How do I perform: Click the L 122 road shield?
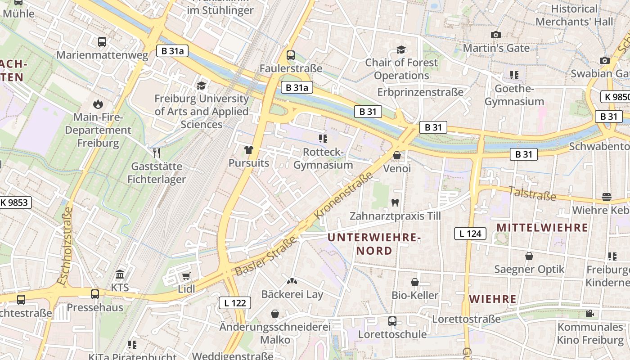click(235, 303)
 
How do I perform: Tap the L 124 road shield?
click(470, 234)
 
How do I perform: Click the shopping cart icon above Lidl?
click(186, 275)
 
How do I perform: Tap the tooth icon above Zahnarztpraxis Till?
click(395, 203)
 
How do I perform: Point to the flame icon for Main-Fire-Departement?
click(97, 104)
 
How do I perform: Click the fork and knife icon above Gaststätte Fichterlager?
click(157, 153)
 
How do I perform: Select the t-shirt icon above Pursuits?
click(248, 149)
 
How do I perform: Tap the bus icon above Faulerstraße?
click(291, 55)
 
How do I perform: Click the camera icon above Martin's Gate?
click(496, 35)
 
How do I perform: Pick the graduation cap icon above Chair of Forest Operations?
click(401, 49)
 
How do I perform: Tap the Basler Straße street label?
click(266, 256)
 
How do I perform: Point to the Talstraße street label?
click(532, 194)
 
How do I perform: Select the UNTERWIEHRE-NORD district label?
click(374, 243)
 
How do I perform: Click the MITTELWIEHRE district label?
click(542, 228)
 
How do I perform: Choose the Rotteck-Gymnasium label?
click(323, 158)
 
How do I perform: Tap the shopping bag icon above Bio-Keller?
click(415, 282)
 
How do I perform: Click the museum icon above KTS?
click(120, 274)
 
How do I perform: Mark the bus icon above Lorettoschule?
click(392, 321)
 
